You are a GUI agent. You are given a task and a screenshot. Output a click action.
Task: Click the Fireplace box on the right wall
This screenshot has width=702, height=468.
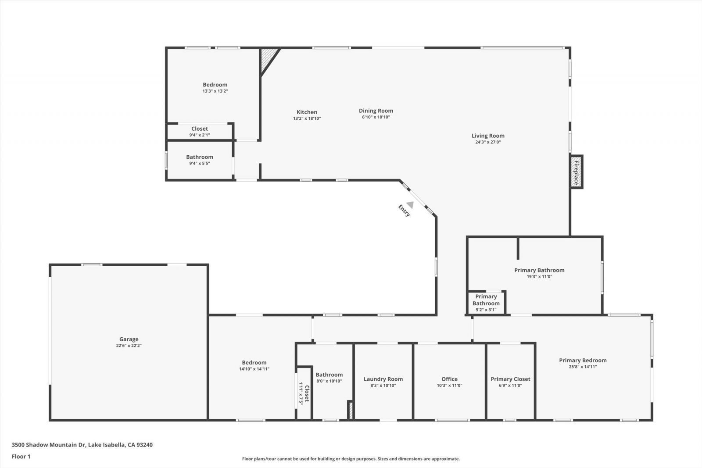(576, 172)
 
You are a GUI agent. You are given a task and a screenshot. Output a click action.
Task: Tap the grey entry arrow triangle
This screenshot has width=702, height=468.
(410, 205)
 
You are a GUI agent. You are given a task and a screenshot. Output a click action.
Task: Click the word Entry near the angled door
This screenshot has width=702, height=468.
(404, 211)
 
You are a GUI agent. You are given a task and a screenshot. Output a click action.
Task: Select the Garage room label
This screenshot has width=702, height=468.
(129, 339)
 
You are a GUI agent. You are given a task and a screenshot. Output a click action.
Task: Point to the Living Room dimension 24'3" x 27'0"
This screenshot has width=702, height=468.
(488, 142)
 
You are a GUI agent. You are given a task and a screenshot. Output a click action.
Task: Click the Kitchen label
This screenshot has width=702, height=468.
(307, 112)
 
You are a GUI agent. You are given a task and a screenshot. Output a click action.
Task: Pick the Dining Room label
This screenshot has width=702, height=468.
(376, 111)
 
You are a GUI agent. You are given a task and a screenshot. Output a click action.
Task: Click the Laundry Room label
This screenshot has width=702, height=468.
(383, 379)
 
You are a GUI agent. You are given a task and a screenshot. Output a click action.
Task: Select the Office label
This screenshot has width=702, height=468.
(449, 379)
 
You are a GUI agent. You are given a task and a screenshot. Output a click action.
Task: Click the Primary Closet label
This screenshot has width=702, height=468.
(510, 379)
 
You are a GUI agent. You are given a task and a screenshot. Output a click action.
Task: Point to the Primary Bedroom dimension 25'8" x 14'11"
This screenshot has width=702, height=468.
(583, 367)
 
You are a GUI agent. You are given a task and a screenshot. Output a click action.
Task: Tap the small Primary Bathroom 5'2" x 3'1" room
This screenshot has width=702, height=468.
(486, 303)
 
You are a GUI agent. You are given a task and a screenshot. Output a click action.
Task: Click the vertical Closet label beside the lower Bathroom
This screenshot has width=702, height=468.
(307, 393)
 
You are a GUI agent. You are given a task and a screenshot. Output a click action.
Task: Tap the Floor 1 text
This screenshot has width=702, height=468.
(21, 456)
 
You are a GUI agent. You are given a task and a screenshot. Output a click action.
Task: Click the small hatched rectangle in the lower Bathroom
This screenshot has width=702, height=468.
(350, 410)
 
